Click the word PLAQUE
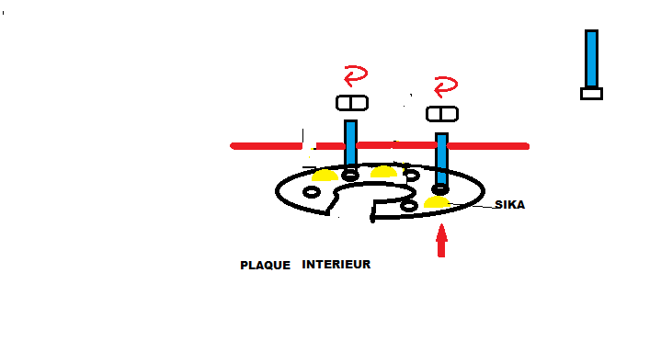265,266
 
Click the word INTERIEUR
336,264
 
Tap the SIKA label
509,205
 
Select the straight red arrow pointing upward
441,240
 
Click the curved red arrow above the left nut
356,75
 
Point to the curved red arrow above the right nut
446,86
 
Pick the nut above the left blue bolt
352,103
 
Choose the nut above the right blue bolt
442,114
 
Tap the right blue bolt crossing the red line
441,160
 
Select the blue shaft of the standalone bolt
591,59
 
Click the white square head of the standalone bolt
591,94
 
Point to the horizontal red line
380,146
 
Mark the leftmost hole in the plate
312,192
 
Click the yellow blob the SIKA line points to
437,202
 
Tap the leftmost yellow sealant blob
325,176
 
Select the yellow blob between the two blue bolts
383,172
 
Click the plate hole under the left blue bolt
350,175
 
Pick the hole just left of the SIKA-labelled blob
408,206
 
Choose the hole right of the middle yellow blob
411,176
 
